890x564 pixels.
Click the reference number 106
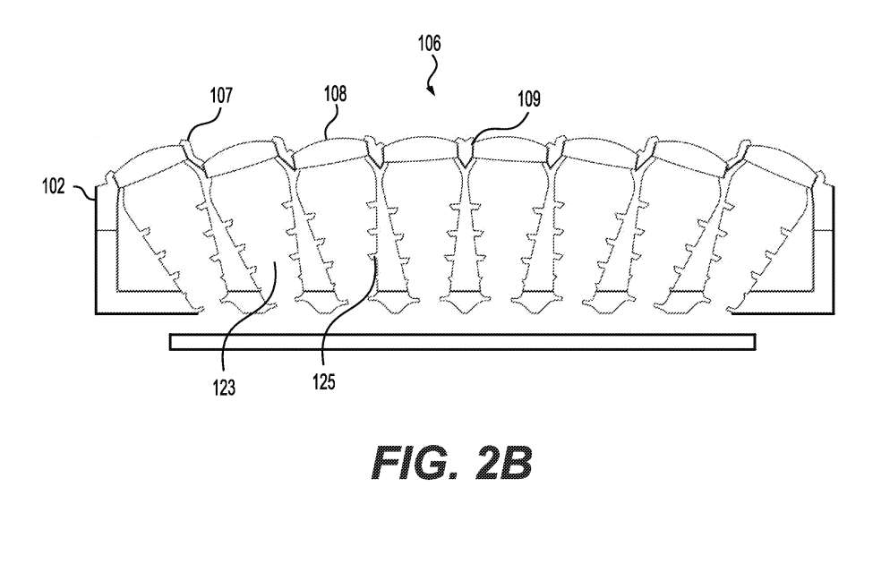click(429, 43)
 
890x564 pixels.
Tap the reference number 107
click(221, 95)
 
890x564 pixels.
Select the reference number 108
click(335, 94)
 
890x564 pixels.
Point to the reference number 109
click(529, 100)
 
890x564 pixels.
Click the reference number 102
click(54, 186)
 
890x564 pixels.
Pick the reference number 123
click(224, 389)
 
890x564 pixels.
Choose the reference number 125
click(323, 382)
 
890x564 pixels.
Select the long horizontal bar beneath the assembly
click(463, 342)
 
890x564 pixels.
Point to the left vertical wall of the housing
click(95, 250)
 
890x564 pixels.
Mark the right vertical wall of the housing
click(834, 250)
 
